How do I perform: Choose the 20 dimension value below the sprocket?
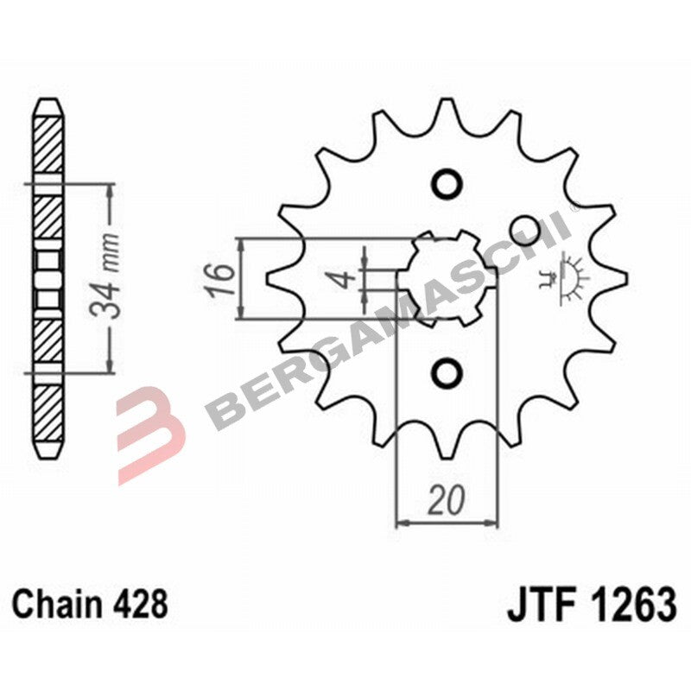447,500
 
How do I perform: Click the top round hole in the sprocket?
447,183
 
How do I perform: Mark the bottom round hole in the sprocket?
447,372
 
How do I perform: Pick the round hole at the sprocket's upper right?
523,228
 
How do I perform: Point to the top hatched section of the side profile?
48,143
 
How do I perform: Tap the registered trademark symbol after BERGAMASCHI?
571,210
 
